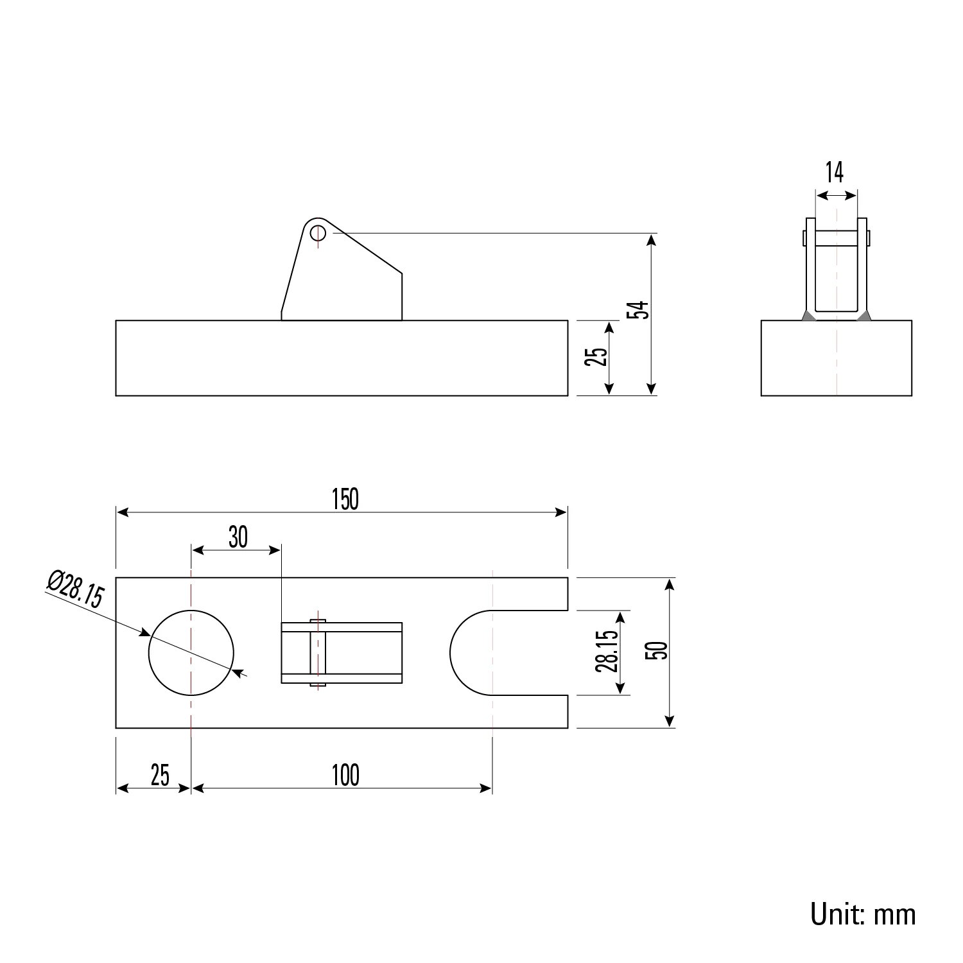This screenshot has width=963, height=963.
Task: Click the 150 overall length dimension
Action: [345, 499]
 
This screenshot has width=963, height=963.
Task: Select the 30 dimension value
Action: [238, 537]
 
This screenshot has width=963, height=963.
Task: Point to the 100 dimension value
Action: [345, 776]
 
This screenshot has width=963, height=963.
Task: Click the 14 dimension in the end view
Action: [834, 172]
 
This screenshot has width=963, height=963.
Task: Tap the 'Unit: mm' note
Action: [863, 914]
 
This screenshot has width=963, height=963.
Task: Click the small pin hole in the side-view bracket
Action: [318, 232]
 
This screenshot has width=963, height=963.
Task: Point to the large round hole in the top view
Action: [191, 652]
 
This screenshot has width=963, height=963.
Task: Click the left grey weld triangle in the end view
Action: [808, 316]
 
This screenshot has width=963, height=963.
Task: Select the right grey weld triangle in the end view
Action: [864, 316]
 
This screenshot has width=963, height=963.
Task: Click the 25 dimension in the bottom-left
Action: [160, 776]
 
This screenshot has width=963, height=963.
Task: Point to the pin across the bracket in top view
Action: [318, 652]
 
